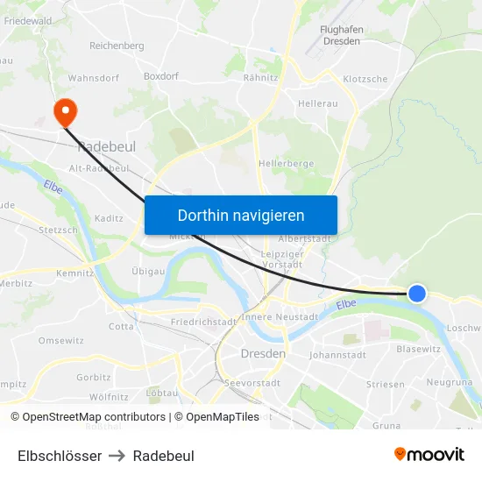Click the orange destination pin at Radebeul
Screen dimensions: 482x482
(x=65, y=111)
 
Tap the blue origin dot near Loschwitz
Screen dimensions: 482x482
(x=417, y=294)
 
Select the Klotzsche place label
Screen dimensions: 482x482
(x=365, y=79)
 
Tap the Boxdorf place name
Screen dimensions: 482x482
(x=160, y=76)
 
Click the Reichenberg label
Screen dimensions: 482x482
(x=117, y=46)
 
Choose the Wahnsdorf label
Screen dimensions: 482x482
(x=93, y=78)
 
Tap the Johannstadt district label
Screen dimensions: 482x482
(x=337, y=355)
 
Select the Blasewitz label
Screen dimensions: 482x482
(x=418, y=348)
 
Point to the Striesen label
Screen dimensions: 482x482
(x=386, y=384)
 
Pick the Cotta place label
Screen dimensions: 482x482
(x=121, y=326)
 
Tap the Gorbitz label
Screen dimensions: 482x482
(x=94, y=378)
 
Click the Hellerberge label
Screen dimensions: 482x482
(x=286, y=164)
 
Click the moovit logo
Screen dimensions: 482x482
(x=429, y=455)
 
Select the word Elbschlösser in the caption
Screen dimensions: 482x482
(x=60, y=456)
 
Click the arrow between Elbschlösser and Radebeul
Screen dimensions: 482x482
(x=117, y=456)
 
